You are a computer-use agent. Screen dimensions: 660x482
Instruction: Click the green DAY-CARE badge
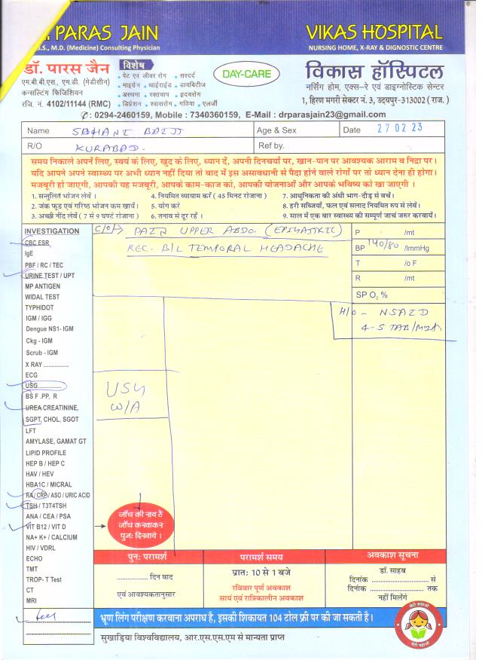click(246, 74)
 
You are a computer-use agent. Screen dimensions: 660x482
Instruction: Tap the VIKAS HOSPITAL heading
click(374, 32)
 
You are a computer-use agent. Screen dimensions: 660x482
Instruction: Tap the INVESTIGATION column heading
click(52, 231)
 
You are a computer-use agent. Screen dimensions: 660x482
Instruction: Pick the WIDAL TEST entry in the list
click(42, 297)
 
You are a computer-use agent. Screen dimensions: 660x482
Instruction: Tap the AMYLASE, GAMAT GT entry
click(56, 441)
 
